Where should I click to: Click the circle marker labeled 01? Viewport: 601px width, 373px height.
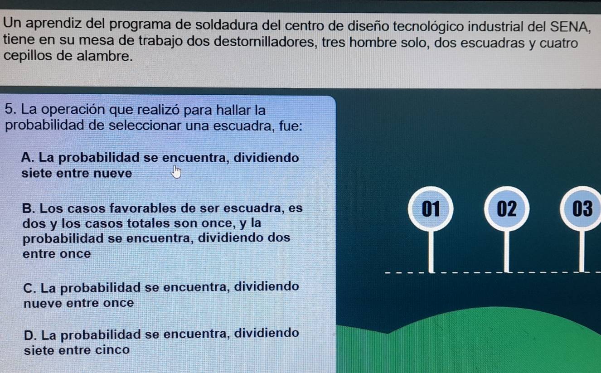click(x=431, y=208)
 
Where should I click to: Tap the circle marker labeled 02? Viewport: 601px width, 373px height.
click(x=507, y=208)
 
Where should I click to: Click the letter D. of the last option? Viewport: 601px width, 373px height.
click(x=29, y=334)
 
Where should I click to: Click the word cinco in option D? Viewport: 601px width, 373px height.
click(x=112, y=350)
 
